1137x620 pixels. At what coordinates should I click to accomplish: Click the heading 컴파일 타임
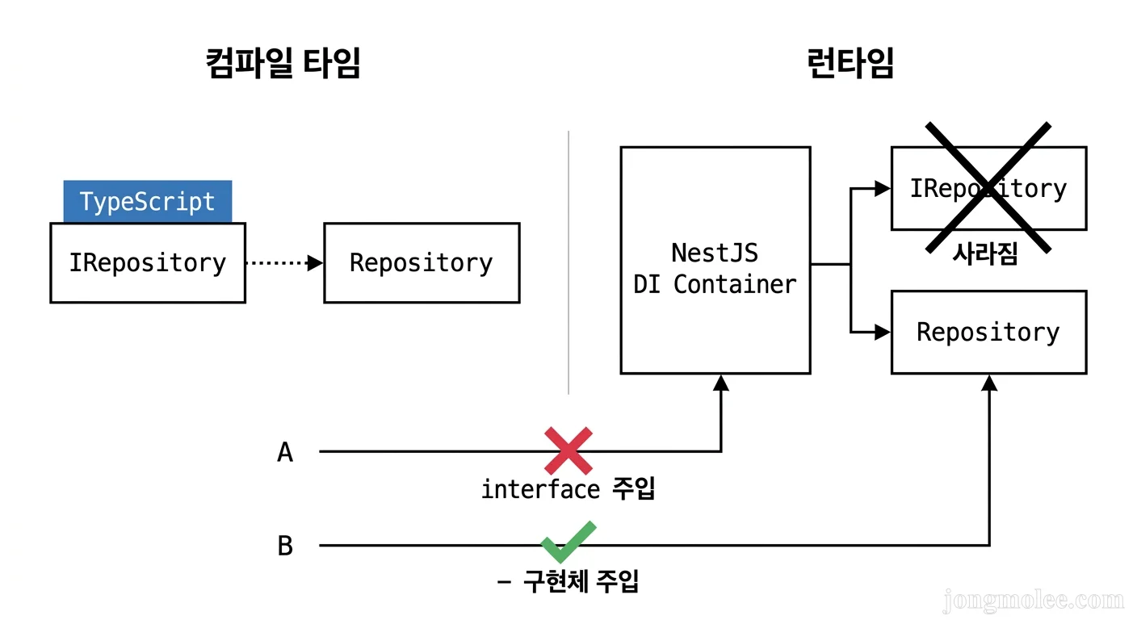(x=283, y=64)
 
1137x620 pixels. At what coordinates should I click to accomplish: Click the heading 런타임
(x=850, y=64)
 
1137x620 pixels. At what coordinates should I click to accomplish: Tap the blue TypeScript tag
(x=148, y=201)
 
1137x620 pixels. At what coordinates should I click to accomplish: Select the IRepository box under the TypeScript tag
(x=148, y=263)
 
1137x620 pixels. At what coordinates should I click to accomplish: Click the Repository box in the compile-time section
(x=422, y=263)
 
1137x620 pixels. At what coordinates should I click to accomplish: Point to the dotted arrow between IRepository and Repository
(x=283, y=263)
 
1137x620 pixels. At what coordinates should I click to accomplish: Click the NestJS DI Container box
(x=715, y=260)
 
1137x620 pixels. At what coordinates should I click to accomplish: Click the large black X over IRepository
(x=988, y=187)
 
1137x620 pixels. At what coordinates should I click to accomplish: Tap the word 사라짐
(x=984, y=254)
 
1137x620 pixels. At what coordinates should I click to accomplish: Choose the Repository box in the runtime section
(x=988, y=333)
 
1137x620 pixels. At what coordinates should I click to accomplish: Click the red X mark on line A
(x=568, y=450)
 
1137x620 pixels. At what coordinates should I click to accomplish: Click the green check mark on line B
(x=568, y=542)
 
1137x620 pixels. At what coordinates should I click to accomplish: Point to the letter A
(x=285, y=453)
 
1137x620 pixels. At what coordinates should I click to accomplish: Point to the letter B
(x=285, y=547)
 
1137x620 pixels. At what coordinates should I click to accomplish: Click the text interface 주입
(x=568, y=489)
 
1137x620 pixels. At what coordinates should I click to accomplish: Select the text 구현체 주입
(x=581, y=581)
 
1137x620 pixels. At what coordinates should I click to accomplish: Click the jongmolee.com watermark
(x=1033, y=600)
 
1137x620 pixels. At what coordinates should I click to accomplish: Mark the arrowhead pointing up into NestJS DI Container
(x=721, y=383)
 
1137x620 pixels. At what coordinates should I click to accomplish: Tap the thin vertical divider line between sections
(x=568, y=262)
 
